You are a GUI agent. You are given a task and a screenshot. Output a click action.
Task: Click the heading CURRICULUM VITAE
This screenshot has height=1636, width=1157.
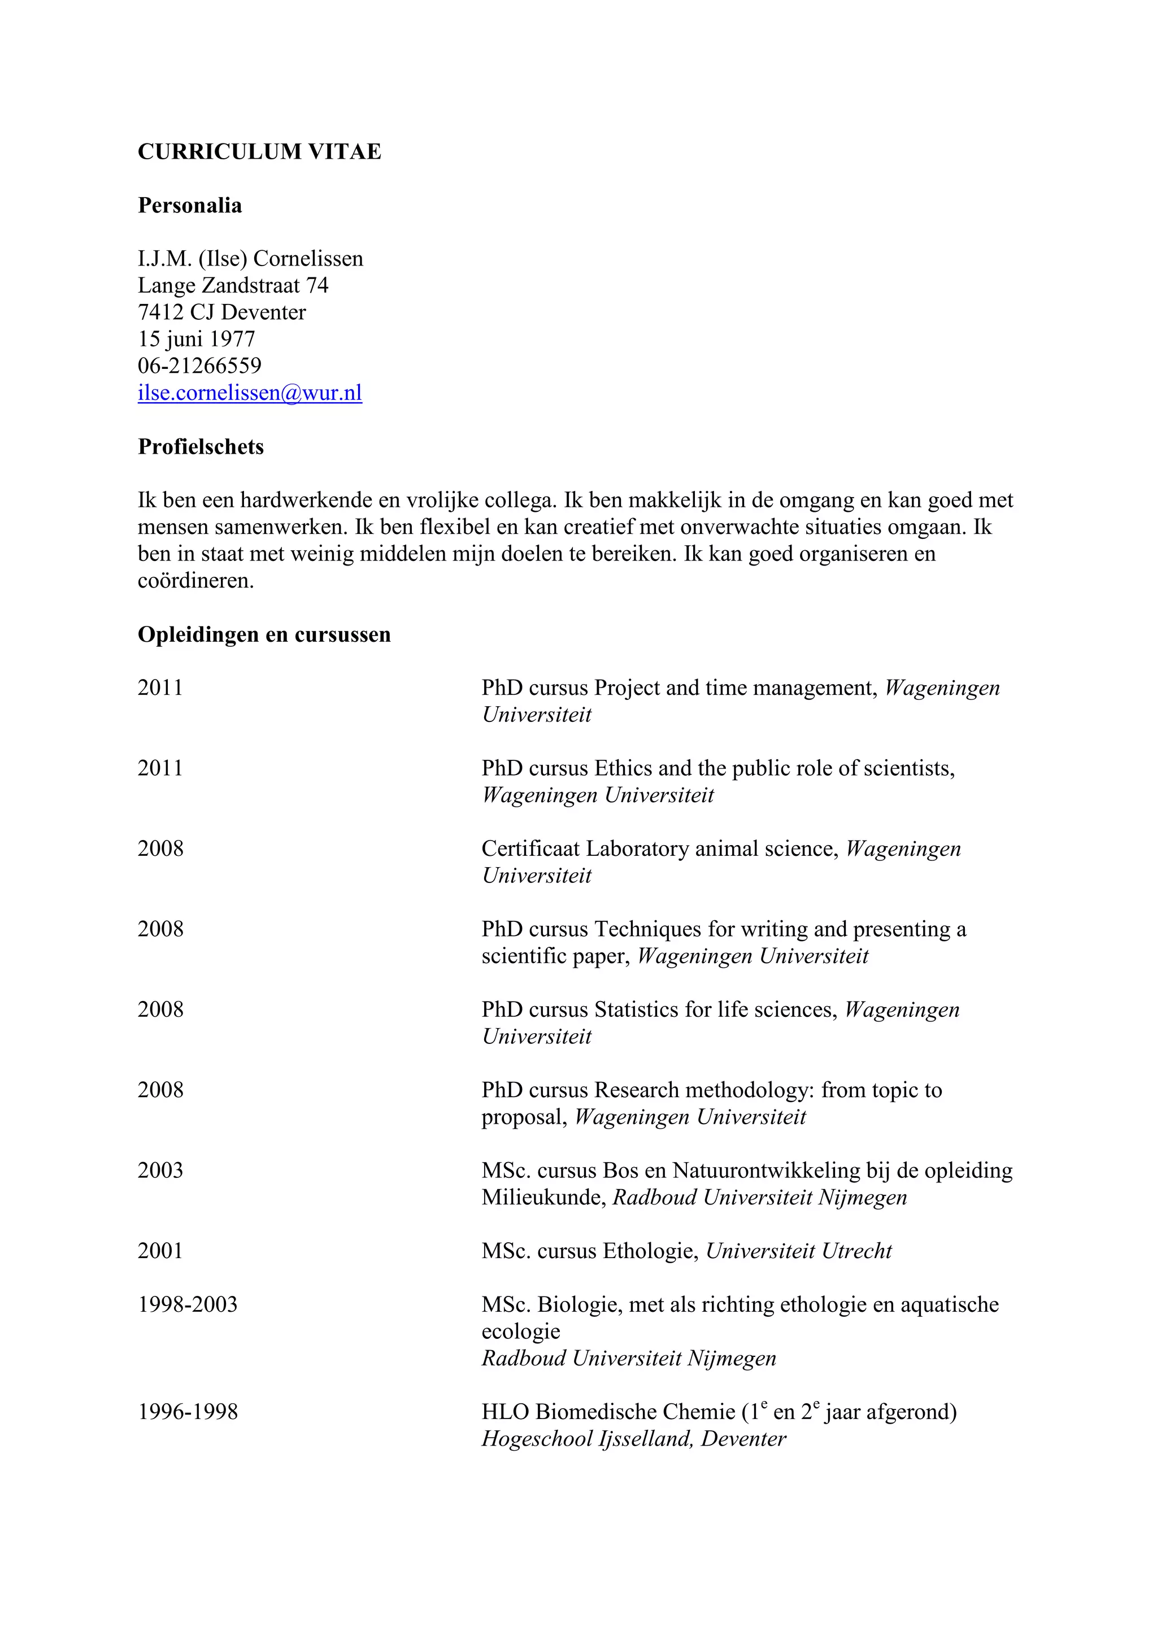point(259,152)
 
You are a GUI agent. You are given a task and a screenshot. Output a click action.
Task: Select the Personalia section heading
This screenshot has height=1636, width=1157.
point(189,206)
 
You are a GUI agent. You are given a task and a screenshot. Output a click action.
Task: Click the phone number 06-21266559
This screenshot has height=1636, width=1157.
point(199,366)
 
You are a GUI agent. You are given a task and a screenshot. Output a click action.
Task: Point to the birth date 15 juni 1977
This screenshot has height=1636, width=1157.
point(196,339)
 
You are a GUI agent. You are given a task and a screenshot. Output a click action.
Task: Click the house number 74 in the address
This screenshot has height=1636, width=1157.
point(317,286)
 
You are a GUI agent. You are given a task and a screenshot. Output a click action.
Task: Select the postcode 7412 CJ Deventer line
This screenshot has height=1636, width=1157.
point(221,312)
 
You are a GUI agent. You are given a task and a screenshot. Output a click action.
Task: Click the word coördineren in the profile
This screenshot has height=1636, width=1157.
point(195,581)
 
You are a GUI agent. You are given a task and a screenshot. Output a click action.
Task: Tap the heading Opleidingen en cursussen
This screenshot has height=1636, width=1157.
point(264,634)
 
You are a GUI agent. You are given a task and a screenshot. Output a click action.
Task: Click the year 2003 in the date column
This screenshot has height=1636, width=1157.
point(160,1170)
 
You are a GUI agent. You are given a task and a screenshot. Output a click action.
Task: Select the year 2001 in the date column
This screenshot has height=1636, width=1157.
point(160,1251)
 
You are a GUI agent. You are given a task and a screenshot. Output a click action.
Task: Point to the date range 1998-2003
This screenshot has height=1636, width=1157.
point(188,1304)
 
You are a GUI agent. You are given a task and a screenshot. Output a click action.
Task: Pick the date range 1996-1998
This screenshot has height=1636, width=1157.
point(188,1412)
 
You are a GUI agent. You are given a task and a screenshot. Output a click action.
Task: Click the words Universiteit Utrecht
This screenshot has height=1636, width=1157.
point(799,1251)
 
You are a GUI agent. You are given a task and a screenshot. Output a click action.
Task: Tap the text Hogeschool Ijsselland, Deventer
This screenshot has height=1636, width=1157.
point(633,1439)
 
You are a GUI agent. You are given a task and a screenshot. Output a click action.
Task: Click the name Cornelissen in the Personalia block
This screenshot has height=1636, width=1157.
point(308,259)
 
